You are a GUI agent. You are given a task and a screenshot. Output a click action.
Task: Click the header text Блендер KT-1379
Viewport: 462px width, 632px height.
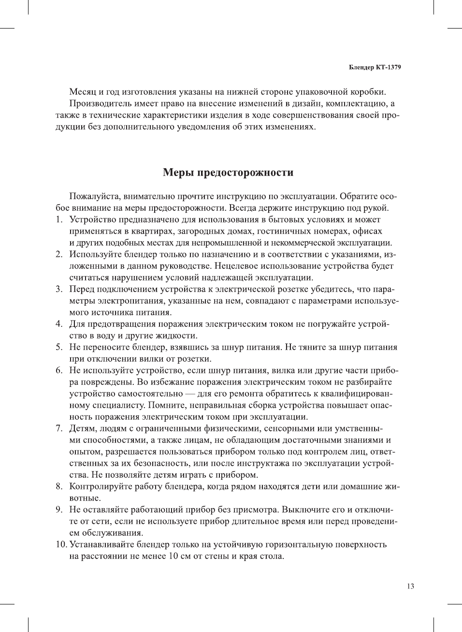click(375, 67)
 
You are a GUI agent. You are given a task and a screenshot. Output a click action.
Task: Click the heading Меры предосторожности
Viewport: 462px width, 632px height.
click(228, 173)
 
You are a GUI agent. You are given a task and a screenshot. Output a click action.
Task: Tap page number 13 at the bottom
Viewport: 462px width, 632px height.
click(410, 587)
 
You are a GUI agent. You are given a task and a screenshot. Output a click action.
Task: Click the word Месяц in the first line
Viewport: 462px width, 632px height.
click(83, 92)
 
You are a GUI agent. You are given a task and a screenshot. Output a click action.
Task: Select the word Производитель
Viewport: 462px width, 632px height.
click(100, 103)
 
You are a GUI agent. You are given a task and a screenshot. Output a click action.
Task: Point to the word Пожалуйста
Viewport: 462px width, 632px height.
click(95, 196)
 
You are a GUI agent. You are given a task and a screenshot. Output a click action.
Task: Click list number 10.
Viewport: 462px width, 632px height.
click(60, 544)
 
